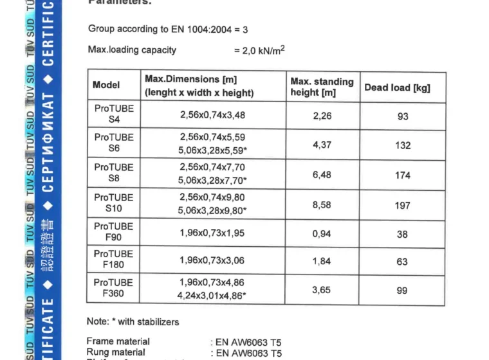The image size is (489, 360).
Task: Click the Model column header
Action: coord(106,85)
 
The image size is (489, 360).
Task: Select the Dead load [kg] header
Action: coord(397,87)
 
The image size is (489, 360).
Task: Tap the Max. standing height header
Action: coord(322,87)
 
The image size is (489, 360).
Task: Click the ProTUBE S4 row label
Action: coord(114,114)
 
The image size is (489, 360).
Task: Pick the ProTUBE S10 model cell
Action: coord(114,203)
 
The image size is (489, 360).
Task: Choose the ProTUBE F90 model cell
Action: coord(114,232)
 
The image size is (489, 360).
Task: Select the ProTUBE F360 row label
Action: coord(114,288)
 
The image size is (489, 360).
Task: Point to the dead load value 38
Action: coord(402,234)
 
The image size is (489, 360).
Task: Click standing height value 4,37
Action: coord(322,145)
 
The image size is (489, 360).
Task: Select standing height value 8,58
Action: coord(322,204)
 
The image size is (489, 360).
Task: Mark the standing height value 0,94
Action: coord(322,234)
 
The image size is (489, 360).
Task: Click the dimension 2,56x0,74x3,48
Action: coord(212,116)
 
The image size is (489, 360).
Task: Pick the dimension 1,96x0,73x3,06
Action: coord(212,260)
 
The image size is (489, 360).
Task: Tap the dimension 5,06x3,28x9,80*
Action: coord(212,210)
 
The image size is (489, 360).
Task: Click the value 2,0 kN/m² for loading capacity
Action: coord(259,50)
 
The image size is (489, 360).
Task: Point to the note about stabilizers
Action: coord(133,321)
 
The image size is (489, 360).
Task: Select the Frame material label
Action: coord(118,341)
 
